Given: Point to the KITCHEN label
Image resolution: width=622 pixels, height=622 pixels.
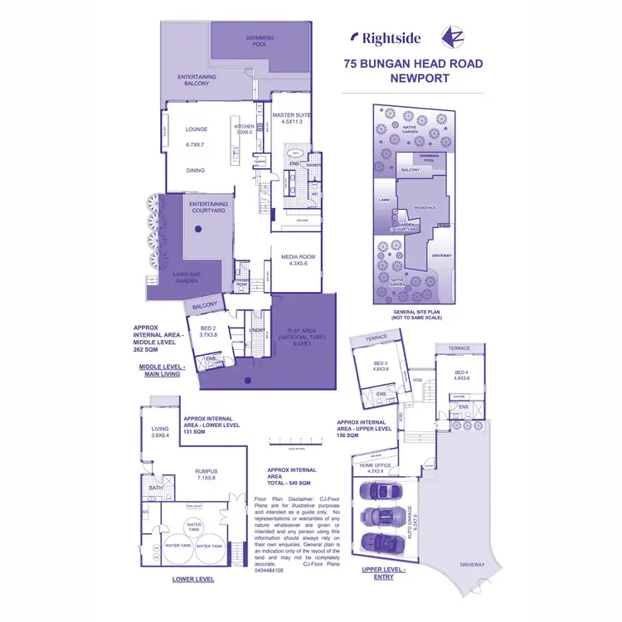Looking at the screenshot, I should pos(244,126).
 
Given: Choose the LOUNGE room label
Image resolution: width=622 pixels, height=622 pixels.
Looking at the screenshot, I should pos(197,129).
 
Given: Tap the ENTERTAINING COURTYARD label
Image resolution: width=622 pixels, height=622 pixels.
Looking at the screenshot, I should pos(207,207).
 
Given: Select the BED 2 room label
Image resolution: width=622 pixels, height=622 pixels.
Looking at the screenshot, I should pos(207,328).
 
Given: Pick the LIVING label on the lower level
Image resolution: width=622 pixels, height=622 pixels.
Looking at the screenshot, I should pos(159,429).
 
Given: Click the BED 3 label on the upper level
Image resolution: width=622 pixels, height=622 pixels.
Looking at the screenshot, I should pos(380,364).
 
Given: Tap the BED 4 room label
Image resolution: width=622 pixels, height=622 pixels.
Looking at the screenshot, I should pos(462,373).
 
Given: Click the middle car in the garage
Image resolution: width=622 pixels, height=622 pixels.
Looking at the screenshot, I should pos(379,516).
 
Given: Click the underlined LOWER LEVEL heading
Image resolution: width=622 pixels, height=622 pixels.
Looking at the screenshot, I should pos(193,579).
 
